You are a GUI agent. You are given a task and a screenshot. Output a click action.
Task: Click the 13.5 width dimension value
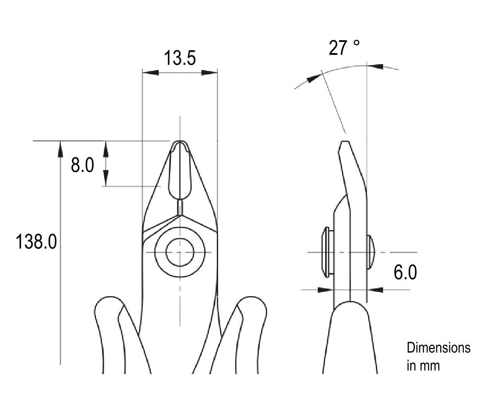[x=180, y=58]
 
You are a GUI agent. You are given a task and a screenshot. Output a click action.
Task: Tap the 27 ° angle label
[x=344, y=48]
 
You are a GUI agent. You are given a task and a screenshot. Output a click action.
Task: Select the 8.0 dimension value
[x=83, y=165]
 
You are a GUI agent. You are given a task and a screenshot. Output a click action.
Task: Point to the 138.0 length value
[x=36, y=241]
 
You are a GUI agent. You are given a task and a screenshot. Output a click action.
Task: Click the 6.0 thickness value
[x=405, y=272]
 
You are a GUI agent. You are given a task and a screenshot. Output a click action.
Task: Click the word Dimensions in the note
[x=438, y=348]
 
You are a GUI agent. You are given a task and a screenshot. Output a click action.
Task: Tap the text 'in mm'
[x=423, y=365]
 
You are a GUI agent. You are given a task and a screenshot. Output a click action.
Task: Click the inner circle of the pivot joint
[x=180, y=252]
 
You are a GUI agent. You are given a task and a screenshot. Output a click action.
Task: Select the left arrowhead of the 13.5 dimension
[x=151, y=73]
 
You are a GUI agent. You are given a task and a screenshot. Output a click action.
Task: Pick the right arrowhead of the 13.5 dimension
[x=209, y=73]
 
